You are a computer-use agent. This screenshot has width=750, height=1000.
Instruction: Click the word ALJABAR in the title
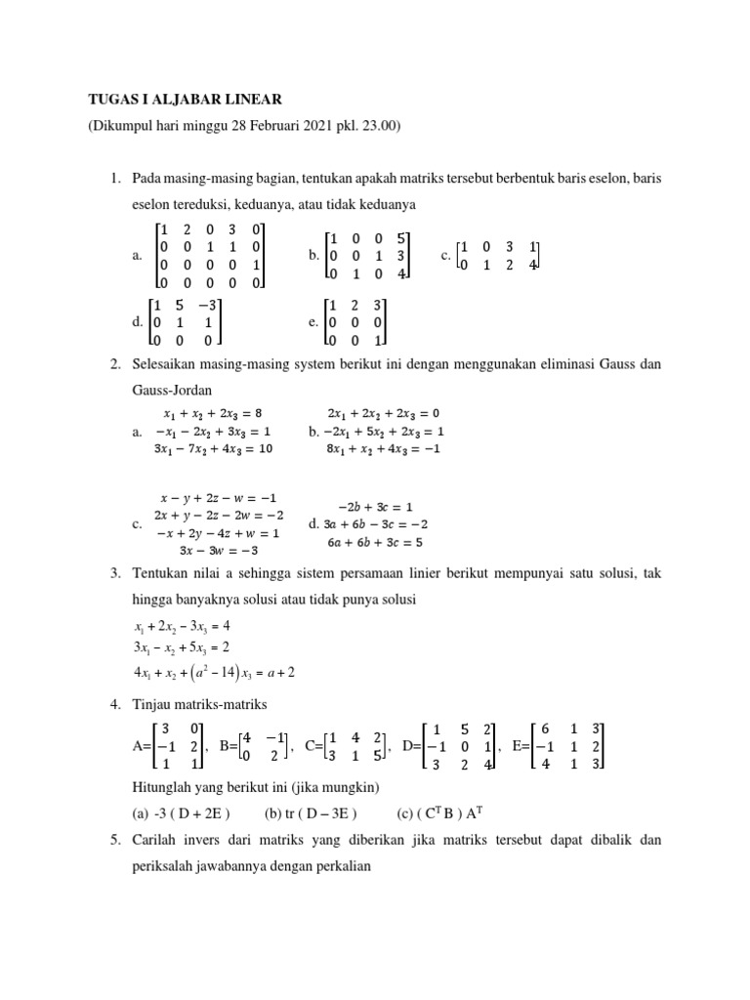[x=181, y=99]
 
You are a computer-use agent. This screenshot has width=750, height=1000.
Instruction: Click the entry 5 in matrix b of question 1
[x=402, y=236]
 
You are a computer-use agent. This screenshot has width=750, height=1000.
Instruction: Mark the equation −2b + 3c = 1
[x=375, y=507]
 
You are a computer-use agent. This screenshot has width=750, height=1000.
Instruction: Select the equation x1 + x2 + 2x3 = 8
[x=213, y=412]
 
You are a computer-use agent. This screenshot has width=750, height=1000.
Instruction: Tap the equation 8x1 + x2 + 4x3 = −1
[x=384, y=448]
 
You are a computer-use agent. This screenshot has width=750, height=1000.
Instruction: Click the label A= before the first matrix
[x=142, y=746]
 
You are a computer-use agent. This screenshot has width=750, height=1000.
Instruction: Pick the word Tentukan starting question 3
[x=163, y=573]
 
